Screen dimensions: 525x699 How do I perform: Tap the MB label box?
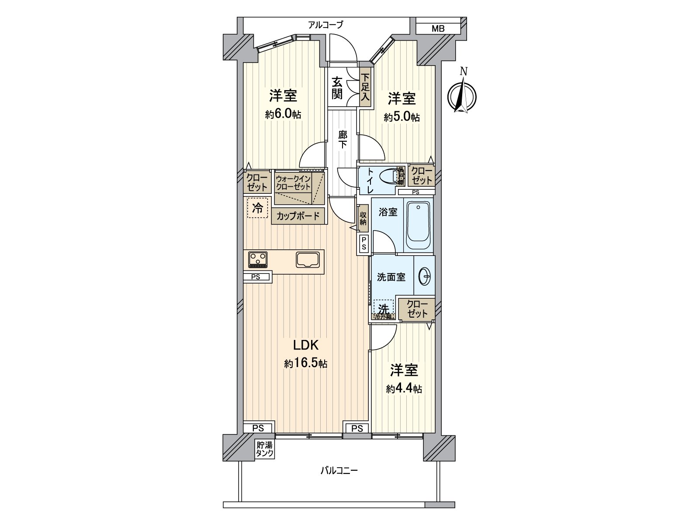click(438, 29)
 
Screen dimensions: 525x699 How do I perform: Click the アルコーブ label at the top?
click(325, 25)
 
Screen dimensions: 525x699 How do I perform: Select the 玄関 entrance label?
click(337, 87)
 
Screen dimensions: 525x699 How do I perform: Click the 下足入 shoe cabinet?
click(365, 87)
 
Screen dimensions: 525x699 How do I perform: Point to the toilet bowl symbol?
click(388, 177)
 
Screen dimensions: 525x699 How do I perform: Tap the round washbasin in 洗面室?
click(425, 276)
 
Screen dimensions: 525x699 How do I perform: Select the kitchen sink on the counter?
click(308, 260)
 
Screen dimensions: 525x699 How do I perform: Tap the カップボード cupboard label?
click(298, 216)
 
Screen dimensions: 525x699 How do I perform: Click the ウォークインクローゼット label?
click(293, 182)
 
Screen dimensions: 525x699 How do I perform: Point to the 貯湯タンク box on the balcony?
click(265, 449)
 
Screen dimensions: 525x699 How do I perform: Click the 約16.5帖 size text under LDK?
click(305, 364)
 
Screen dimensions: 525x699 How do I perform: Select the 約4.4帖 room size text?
click(404, 389)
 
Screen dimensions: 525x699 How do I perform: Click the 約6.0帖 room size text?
click(283, 115)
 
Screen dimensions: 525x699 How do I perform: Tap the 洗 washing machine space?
click(384, 308)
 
